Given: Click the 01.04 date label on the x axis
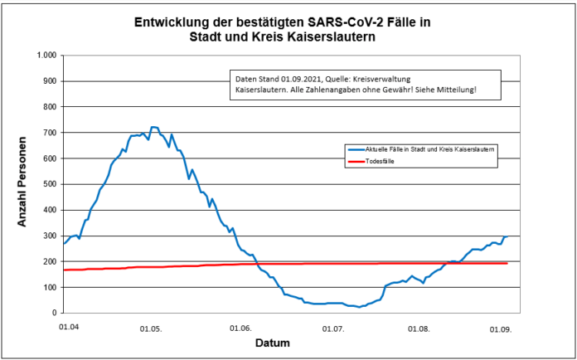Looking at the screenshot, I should pyautogui.click(x=69, y=328).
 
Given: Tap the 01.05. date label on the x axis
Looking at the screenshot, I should pyautogui.click(x=151, y=328).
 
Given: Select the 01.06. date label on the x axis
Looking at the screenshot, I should pyautogui.click(x=240, y=328).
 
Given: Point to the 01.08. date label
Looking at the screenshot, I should pyautogui.click(x=419, y=328).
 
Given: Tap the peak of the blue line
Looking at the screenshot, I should pyautogui.click(x=153, y=127).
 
